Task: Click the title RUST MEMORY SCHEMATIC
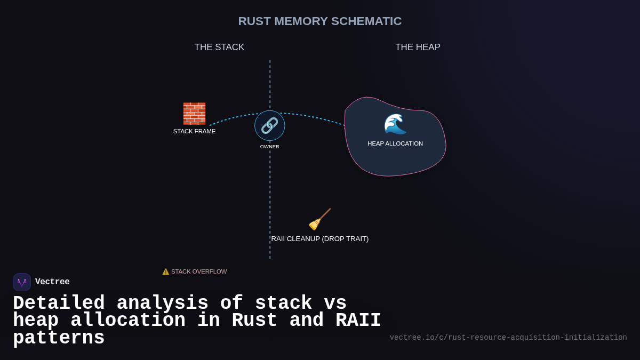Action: tap(319, 21)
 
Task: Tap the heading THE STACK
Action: tap(219, 47)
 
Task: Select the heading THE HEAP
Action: tap(418, 47)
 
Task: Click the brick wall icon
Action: tap(194, 114)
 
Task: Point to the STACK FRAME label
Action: tap(194, 131)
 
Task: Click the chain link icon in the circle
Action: tap(269, 126)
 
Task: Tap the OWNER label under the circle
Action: tap(269, 147)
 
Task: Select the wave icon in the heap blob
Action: tap(395, 124)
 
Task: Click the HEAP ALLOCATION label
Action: tap(395, 143)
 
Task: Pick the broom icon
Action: tap(319, 219)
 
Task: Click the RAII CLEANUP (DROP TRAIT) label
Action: tap(319, 239)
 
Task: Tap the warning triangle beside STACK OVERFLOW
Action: tap(166, 271)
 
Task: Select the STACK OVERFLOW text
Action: tap(199, 271)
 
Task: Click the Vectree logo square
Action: tap(22, 282)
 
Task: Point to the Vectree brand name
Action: tap(52, 282)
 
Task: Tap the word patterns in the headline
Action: tap(59, 338)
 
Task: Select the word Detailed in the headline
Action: tap(59, 303)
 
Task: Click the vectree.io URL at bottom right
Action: tap(508, 338)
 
